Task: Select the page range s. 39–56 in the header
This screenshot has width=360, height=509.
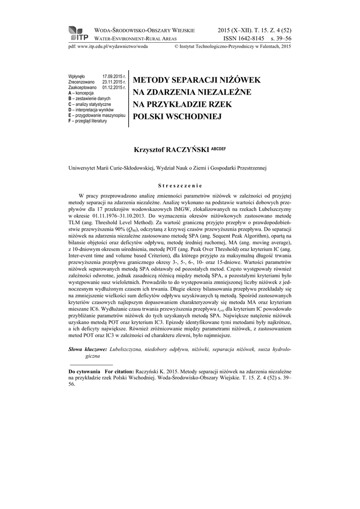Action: click(280, 38)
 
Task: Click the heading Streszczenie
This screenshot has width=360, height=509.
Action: click(180, 186)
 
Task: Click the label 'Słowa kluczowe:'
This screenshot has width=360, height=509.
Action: click(88, 350)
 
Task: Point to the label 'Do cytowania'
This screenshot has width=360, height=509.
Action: click(85, 371)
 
